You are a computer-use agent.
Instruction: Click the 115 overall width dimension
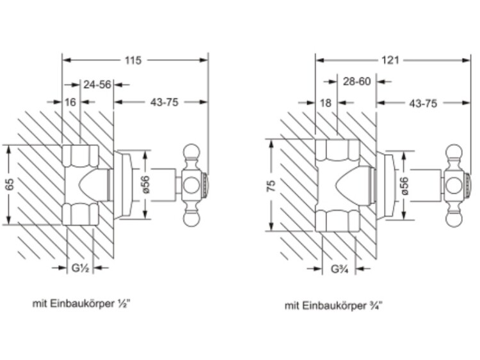(x=132, y=60)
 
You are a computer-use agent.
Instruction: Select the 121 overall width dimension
(x=390, y=60)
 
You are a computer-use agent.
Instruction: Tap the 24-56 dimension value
(x=97, y=84)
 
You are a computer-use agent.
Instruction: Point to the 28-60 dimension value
(x=356, y=81)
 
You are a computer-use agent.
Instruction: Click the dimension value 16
(x=70, y=102)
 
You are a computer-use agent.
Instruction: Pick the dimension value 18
(x=326, y=102)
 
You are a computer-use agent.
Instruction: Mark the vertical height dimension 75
(x=271, y=186)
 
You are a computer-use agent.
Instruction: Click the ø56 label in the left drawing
(x=145, y=185)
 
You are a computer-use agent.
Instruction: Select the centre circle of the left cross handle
(x=192, y=186)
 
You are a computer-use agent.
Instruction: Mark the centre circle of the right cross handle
(x=453, y=186)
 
